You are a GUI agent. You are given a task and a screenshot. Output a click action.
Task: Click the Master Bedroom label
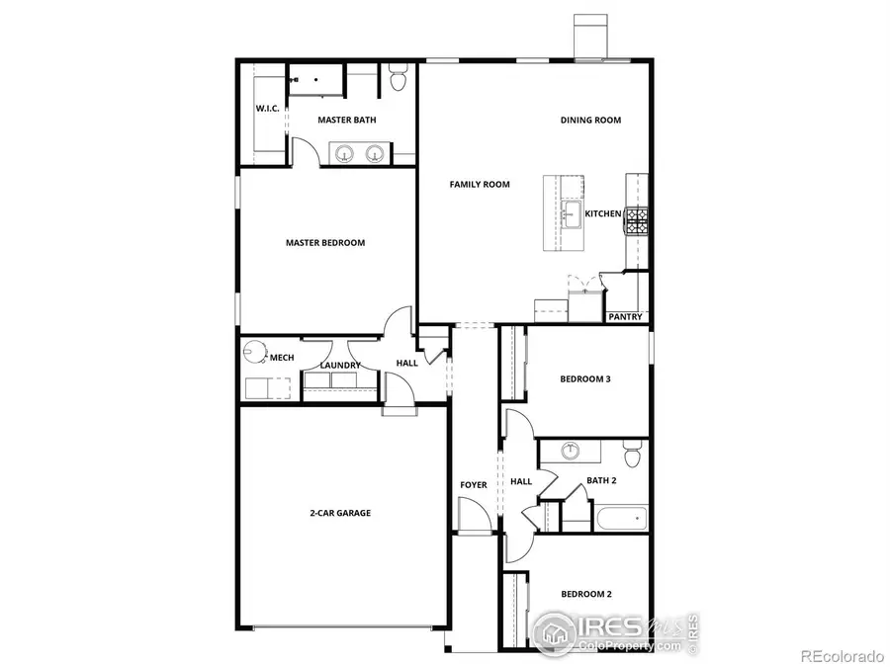click(325, 242)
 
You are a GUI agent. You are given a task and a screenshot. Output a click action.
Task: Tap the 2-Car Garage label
click(339, 513)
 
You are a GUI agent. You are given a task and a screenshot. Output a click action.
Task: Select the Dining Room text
click(590, 120)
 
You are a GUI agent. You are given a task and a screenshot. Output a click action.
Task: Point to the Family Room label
click(480, 184)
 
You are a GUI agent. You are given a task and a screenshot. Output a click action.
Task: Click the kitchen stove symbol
click(636, 220)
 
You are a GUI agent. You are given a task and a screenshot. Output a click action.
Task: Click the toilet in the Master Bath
click(399, 78)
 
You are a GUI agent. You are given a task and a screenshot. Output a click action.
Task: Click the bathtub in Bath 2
click(619, 518)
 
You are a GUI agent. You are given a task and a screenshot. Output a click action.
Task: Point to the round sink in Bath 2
click(572, 451)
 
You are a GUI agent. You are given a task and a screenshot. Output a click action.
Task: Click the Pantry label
click(625, 317)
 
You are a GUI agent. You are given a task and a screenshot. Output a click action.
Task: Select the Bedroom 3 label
click(585, 377)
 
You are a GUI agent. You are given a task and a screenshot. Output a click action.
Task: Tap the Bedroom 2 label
click(586, 594)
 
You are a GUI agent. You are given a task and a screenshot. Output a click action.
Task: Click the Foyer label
click(474, 485)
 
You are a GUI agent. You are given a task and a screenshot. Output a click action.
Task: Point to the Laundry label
click(340, 366)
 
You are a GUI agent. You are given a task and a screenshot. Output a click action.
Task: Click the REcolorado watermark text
click(841, 655)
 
